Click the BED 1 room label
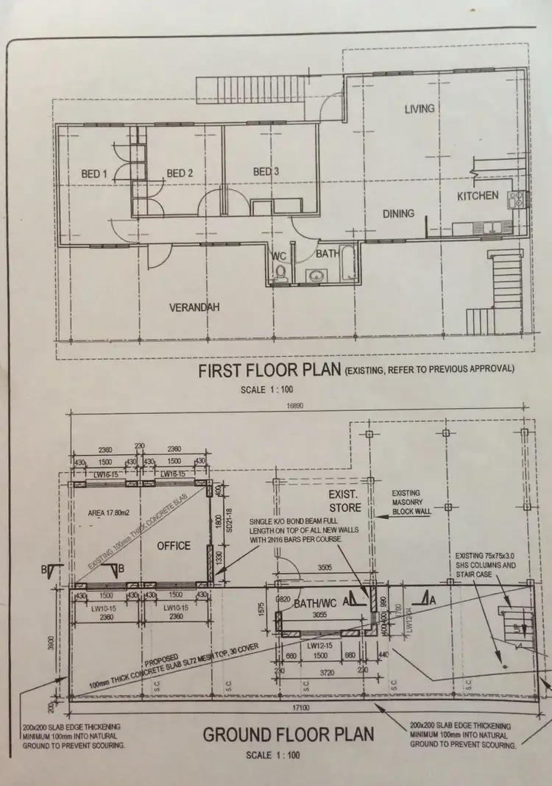[x=94, y=174]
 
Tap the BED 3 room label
[x=266, y=172]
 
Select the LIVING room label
[x=420, y=109]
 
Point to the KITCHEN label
[x=478, y=196]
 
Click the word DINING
[x=398, y=214]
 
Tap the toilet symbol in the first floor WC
[x=279, y=274]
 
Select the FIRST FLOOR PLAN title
[x=269, y=371]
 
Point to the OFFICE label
[x=174, y=546]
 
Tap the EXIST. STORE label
[x=345, y=500]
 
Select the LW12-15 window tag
[x=319, y=646]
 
